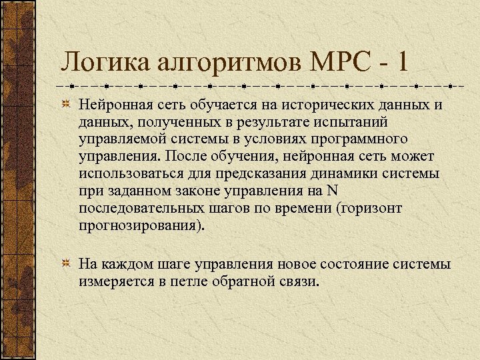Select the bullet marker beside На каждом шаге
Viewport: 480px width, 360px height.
coord(67,265)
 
